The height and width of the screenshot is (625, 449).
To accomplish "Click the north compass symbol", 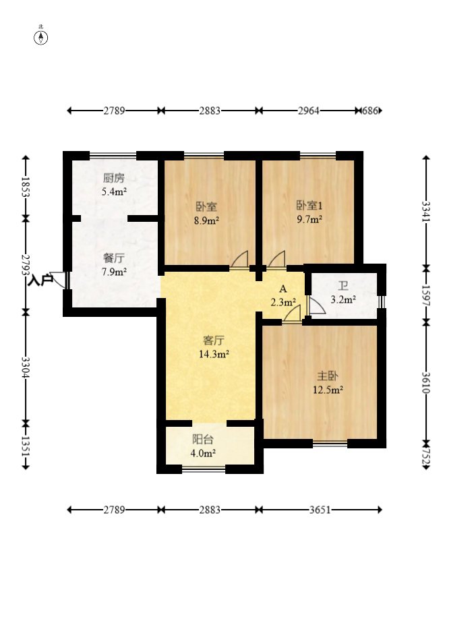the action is (40, 37).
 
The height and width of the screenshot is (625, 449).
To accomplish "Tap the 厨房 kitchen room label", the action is (114, 178).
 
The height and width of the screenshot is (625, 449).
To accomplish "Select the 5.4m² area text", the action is (114, 191).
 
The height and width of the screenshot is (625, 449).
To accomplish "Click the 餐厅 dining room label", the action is (114, 258).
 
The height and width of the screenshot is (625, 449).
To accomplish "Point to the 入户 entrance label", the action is (40, 280).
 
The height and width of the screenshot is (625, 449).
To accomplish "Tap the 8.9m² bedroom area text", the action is (206, 220).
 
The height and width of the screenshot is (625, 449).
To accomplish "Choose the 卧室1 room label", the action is (309, 205).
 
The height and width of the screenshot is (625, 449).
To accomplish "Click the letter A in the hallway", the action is (283, 289).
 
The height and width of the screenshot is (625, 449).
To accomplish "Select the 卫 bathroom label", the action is (343, 286).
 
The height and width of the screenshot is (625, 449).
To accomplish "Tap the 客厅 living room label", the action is (214, 340).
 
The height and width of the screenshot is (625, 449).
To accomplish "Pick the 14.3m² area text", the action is (214, 353).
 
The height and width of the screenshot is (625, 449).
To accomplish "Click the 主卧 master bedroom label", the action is (328, 376).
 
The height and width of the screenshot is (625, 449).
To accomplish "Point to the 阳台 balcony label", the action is (203, 440).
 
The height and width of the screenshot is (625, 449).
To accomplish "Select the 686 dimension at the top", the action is (369, 111).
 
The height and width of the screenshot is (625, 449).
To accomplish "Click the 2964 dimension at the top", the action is (309, 111).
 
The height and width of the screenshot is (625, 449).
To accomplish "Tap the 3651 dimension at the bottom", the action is (320, 510).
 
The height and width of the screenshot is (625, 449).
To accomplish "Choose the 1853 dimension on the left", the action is (26, 187).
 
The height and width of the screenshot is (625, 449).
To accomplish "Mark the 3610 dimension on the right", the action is (426, 383).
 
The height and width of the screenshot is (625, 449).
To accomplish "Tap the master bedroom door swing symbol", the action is (292, 314).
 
